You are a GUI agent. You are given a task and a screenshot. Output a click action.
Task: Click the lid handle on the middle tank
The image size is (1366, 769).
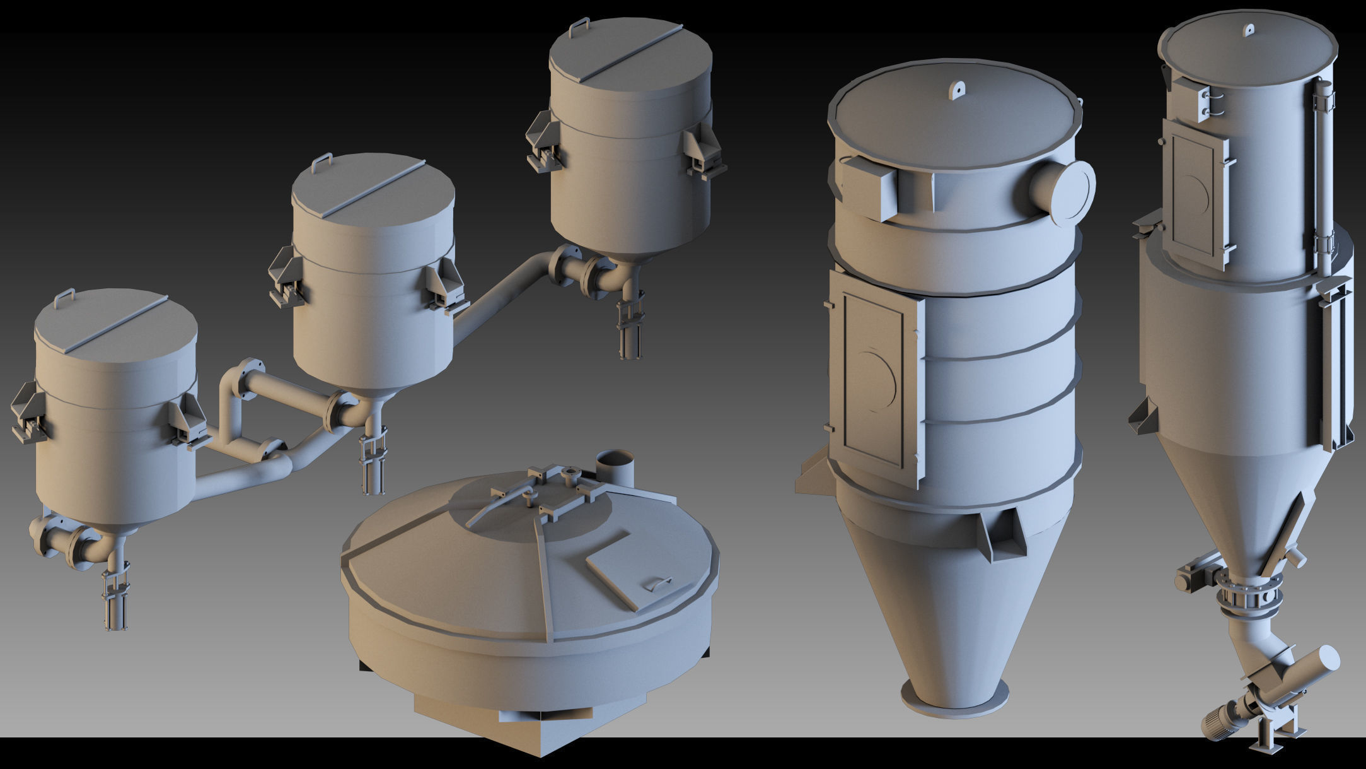322,161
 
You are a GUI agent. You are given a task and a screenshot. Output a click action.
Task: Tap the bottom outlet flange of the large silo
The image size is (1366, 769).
957,702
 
